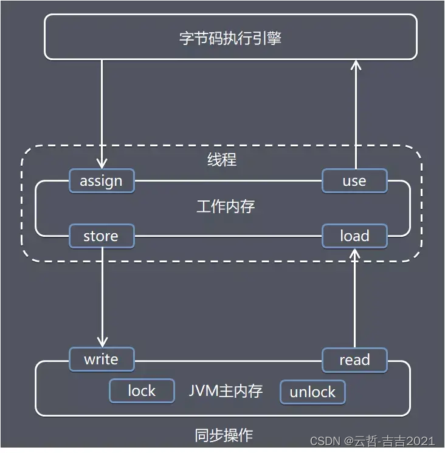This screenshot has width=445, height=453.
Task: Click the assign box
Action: pyautogui.click(x=101, y=181)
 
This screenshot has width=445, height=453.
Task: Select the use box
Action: pyautogui.click(x=354, y=181)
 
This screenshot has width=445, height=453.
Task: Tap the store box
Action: pyautogui.click(x=101, y=236)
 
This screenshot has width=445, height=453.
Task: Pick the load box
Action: pyautogui.click(x=354, y=236)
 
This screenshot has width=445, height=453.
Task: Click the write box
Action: pyautogui.click(x=101, y=359)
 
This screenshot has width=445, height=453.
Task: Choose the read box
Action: pyautogui.click(x=354, y=359)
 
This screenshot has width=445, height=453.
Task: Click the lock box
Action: pyautogui.click(x=141, y=391)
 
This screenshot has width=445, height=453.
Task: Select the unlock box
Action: pyautogui.click(x=312, y=392)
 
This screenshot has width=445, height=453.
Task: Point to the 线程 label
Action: pyautogui.click(x=222, y=160)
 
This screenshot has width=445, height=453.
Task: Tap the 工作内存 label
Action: pyautogui.click(x=226, y=206)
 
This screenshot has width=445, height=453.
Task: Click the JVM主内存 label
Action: pyautogui.click(x=226, y=391)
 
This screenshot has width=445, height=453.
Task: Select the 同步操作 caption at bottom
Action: pyautogui.click(x=224, y=435)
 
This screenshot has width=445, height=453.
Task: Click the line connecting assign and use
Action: pyautogui.click(x=228, y=181)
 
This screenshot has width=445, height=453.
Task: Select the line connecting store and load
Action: pyautogui.click(x=228, y=236)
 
